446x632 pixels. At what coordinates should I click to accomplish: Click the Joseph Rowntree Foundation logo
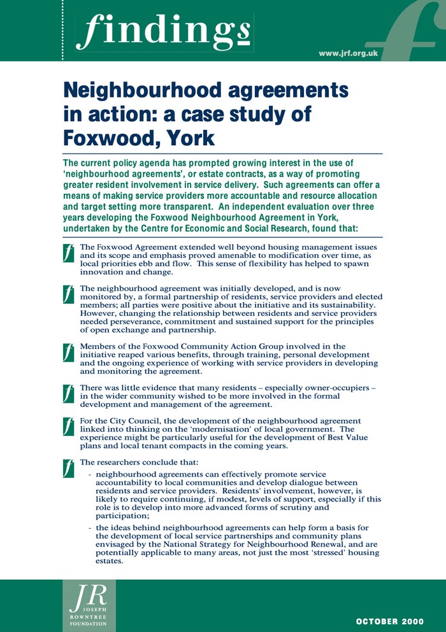pyautogui.click(x=89, y=605)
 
